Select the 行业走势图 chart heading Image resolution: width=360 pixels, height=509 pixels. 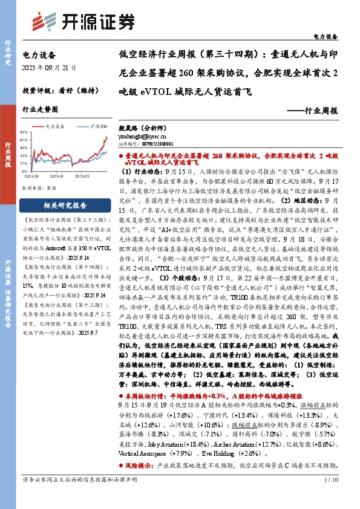pos(40,110)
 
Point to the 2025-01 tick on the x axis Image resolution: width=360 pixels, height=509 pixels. pos(57,177)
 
